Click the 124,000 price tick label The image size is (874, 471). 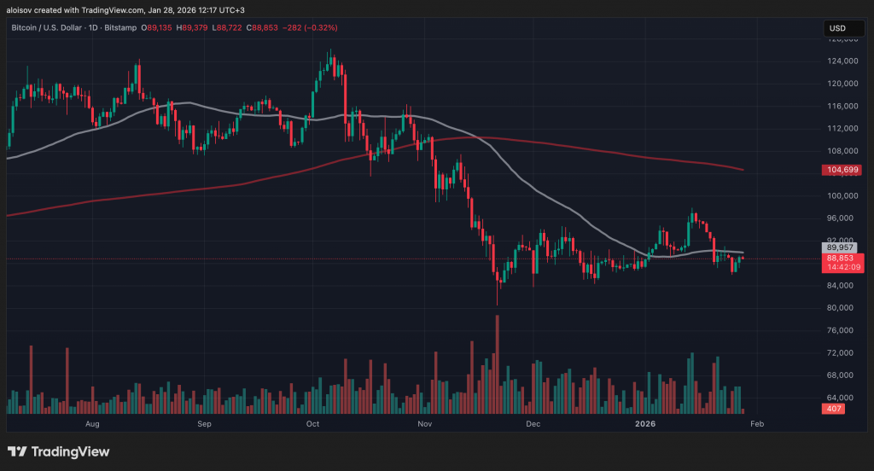[x=841, y=61]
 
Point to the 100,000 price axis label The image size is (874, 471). [x=841, y=195]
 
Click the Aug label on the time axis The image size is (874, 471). [x=93, y=423]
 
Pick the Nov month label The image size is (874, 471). [x=422, y=423]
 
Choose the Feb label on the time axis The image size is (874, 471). [x=756, y=423]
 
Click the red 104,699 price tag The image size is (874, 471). [x=842, y=170]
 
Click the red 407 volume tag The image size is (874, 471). [x=833, y=410]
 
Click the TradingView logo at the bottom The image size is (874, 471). [x=59, y=451]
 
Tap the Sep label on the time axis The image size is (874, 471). [x=204, y=423]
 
